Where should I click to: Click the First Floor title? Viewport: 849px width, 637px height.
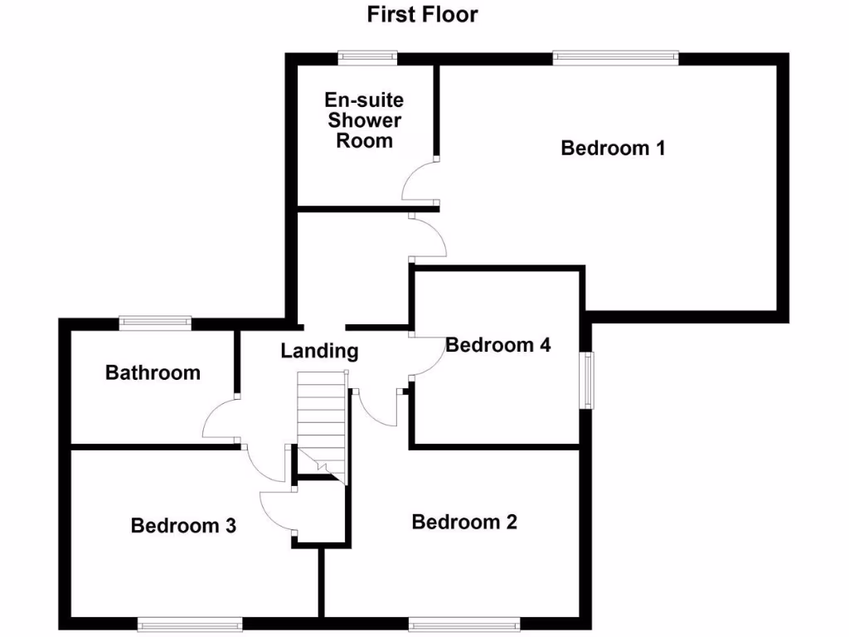click(x=423, y=14)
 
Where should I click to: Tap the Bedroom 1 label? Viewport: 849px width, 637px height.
click(x=613, y=148)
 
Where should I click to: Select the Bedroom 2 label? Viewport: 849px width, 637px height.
click(x=464, y=522)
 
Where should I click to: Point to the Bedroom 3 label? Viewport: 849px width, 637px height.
click(x=183, y=525)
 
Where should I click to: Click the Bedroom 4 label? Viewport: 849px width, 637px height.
click(x=498, y=344)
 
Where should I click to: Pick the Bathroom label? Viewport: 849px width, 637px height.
click(x=153, y=372)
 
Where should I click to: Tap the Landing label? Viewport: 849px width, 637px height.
click(x=319, y=351)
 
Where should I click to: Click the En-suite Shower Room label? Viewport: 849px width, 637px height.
click(x=364, y=120)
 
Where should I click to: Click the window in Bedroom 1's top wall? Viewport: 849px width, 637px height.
click(x=615, y=57)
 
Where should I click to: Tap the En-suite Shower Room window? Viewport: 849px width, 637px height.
click(x=367, y=57)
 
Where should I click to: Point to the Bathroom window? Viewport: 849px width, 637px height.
click(x=155, y=322)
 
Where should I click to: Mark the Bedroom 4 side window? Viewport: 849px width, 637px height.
click(x=587, y=379)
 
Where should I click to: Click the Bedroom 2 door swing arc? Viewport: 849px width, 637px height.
click(x=377, y=410)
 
